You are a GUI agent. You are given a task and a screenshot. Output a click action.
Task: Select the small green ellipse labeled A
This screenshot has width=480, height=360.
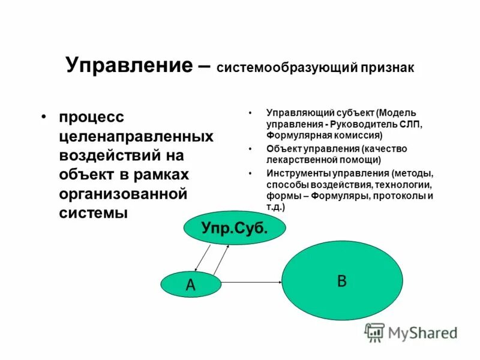(x=191, y=285)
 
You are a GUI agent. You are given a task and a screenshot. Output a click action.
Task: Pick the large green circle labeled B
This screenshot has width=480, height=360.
(x=342, y=281)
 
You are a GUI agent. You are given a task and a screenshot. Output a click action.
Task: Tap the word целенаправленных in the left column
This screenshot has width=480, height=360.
(x=136, y=136)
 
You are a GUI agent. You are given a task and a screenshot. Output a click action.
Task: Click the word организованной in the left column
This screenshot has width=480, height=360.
(x=124, y=193)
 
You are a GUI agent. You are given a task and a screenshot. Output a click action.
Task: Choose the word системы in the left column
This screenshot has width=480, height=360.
(x=93, y=212)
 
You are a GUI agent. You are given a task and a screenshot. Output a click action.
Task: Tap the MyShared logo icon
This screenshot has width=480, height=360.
(x=375, y=331)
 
